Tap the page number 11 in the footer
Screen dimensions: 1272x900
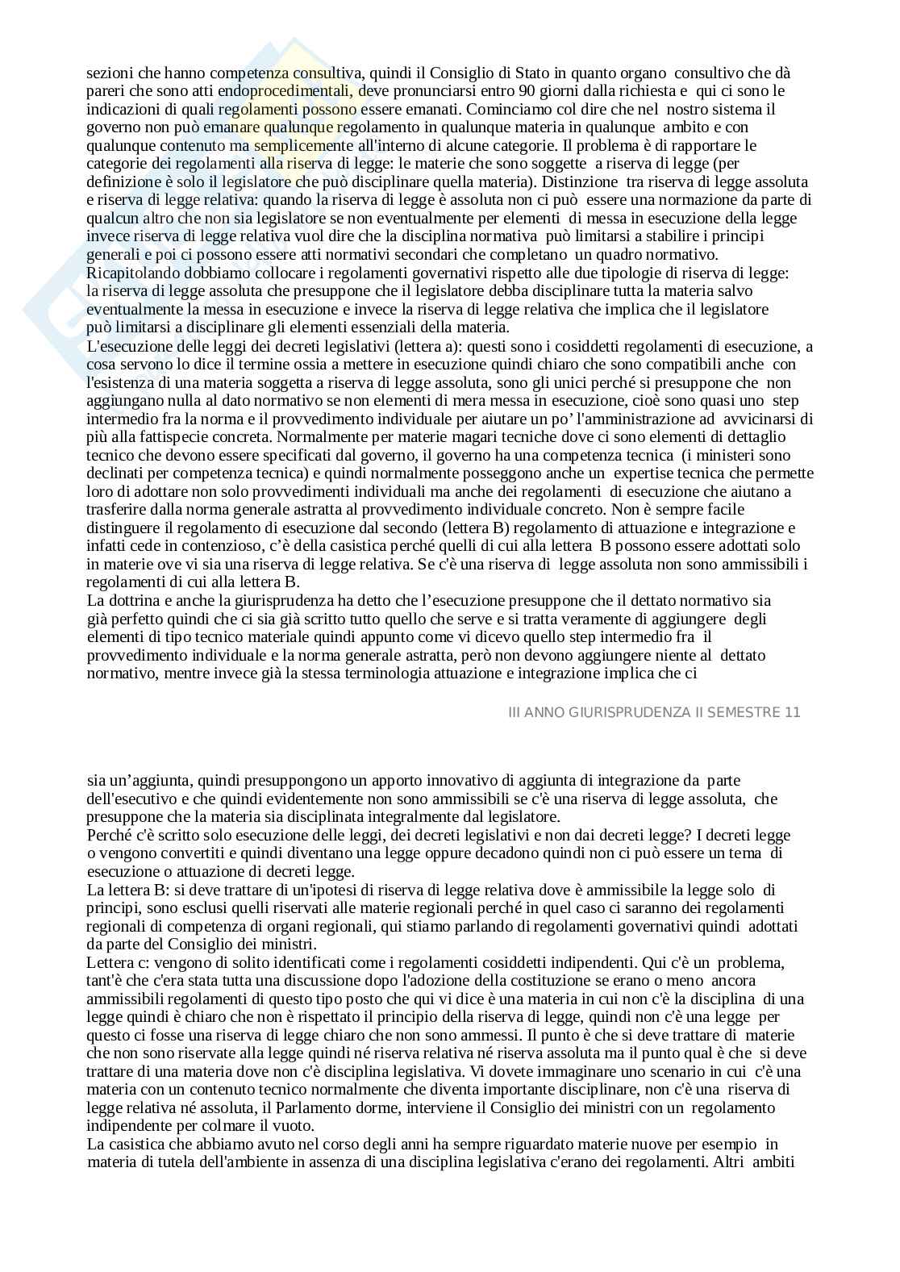click(793, 712)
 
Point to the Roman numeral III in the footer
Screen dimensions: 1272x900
click(517, 712)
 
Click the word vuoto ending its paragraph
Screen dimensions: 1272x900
click(295, 1126)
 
